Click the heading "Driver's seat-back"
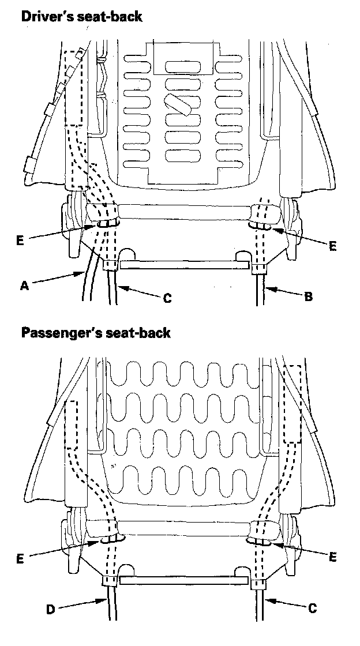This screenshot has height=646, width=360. tap(81, 16)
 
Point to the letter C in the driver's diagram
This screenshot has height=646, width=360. tap(167, 298)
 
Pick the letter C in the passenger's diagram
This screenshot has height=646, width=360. tap(312, 608)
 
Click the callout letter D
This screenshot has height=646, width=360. tap(50, 609)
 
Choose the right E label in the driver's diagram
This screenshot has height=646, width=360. tap(332, 246)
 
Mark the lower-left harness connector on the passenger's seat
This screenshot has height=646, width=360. tap(109, 581)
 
